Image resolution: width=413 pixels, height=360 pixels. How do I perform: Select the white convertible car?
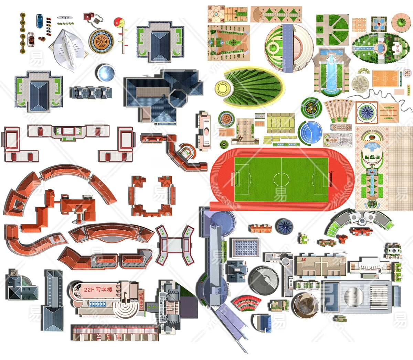[31, 39]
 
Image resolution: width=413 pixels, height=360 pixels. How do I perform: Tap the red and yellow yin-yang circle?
[119, 22]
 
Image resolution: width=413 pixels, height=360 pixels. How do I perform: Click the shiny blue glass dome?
[106, 73]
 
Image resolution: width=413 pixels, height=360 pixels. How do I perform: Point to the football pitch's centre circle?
[281, 179]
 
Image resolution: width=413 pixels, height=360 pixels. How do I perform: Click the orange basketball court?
[385, 79]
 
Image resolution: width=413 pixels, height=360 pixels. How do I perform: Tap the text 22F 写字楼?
[98, 290]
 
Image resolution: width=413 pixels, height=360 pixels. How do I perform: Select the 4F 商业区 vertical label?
[141, 301]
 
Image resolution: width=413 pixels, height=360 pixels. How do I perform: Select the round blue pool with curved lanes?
[310, 132]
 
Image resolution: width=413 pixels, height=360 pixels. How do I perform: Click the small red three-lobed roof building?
[342, 238]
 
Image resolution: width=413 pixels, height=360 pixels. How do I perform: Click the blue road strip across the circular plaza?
[287, 48]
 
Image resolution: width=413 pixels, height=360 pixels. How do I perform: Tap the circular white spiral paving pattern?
[360, 83]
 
